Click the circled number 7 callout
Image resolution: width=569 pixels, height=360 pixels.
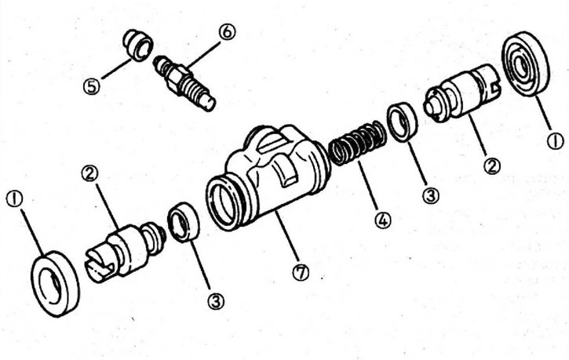tap(301, 272)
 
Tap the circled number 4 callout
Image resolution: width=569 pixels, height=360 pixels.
tap(384, 220)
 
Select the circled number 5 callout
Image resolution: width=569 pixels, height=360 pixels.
tap(92, 87)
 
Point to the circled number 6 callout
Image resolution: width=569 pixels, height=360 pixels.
tap(227, 32)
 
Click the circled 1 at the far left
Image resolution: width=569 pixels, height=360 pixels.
tap(14, 199)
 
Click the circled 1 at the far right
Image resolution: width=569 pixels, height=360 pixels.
tap(555, 141)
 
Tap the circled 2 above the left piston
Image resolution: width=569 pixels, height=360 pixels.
tap(89, 173)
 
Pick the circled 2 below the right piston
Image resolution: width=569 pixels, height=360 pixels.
tap(492, 166)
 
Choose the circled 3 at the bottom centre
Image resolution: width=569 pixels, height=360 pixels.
tap(216, 301)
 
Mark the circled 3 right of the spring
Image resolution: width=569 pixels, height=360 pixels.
tap(431, 196)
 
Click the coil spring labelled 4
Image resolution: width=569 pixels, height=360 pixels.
tap(356, 144)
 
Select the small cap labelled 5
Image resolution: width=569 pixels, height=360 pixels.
tap(138, 46)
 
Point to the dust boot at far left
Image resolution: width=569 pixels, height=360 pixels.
tap(55, 284)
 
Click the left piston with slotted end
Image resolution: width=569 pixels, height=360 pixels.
tap(126, 251)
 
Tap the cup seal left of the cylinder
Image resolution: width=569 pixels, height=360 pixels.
tap(183, 222)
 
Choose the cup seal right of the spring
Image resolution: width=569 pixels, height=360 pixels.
tap(403, 122)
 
